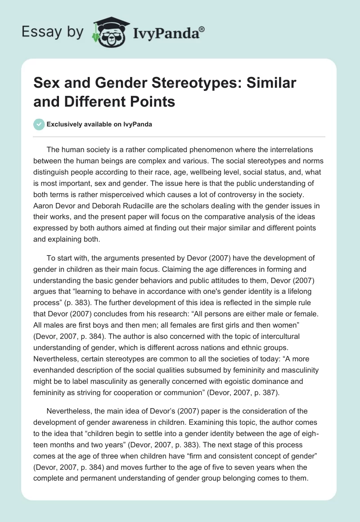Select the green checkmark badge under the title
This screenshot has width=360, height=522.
(39, 124)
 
